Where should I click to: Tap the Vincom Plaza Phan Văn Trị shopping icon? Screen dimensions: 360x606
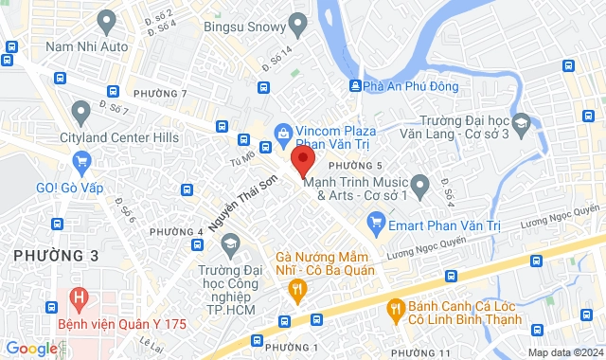[281, 133]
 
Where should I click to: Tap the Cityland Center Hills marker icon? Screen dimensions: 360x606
[81, 114]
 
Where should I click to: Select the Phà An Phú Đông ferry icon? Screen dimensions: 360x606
[355, 86]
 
